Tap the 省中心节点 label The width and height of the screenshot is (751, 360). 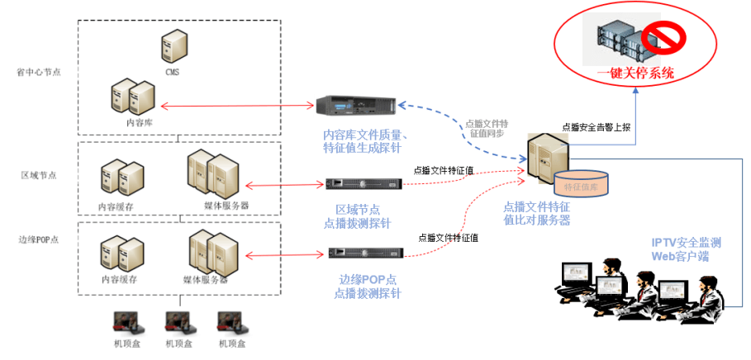[39, 72]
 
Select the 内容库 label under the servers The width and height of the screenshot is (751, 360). [139, 121]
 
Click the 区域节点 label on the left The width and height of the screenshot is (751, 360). [39, 175]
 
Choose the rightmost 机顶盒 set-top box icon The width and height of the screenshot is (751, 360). [232, 322]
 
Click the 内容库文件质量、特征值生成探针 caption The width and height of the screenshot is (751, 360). [362, 141]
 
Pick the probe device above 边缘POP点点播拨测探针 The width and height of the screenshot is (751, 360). [365, 253]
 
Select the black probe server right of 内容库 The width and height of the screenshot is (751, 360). [355, 105]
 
